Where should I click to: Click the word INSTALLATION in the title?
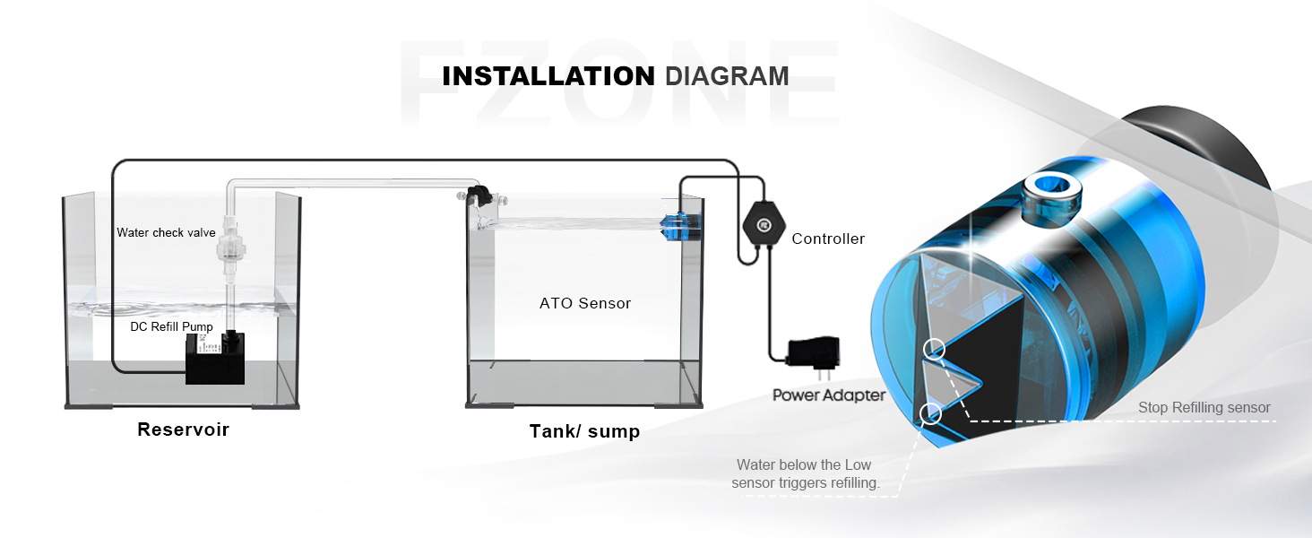tap(549, 75)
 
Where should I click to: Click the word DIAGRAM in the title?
tap(727, 75)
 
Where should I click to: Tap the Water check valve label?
tap(166, 233)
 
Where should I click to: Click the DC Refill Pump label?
tap(171, 326)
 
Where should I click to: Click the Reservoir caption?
tap(183, 430)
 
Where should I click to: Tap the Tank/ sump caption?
tap(584, 431)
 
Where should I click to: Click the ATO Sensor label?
tap(585, 303)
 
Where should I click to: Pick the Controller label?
tap(828, 239)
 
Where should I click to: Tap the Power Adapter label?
tap(829, 395)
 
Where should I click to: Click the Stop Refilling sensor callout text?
tap(1204, 408)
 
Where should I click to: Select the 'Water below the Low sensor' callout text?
tap(804, 474)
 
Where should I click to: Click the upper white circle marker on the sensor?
tap(934, 349)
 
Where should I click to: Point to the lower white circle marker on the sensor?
tap(929, 412)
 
